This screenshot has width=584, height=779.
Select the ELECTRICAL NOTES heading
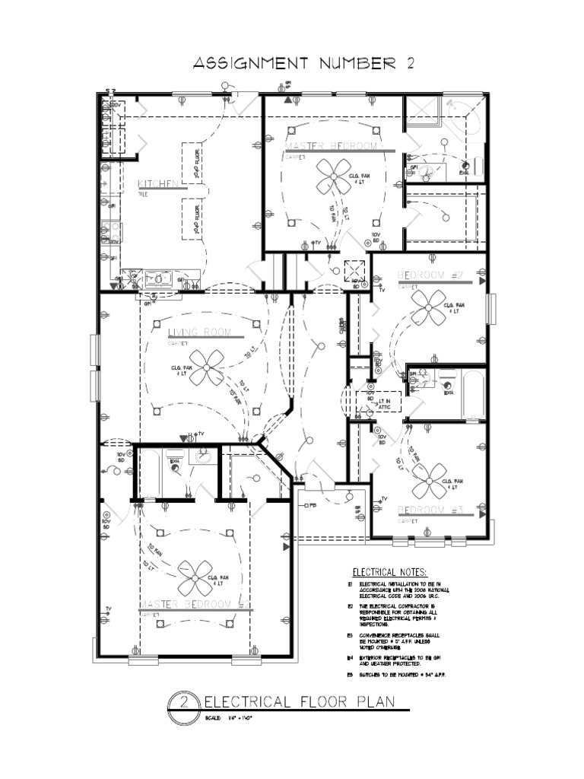point(389,572)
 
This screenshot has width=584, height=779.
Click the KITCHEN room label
point(157,185)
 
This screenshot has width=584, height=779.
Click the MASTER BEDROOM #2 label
point(195,605)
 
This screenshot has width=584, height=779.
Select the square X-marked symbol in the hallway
point(354,270)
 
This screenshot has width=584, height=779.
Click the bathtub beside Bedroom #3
point(473,393)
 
